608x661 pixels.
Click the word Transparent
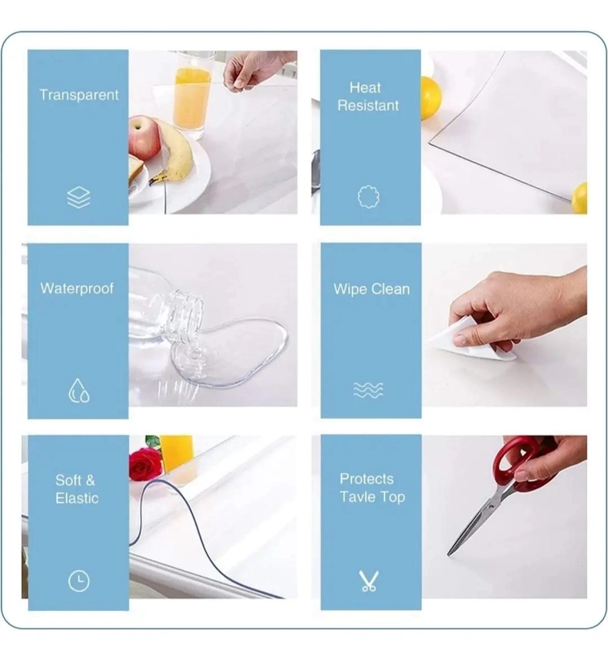[79, 95]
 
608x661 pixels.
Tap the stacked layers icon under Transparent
[78, 198]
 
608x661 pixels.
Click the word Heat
[365, 87]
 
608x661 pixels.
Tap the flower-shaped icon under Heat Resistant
[368, 197]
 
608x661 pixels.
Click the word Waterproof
[77, 289]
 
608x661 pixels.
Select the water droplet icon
[79, 391]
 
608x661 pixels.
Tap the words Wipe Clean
[372, 289]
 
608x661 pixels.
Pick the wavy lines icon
[368, 390]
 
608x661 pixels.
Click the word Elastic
[77, 498]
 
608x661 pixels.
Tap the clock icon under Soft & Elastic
[79, 581]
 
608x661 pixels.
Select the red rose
[144, 463]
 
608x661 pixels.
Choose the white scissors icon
[369, 581]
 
